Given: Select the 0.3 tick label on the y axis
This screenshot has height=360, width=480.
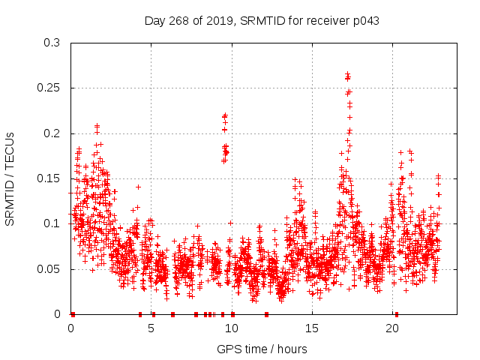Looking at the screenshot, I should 52,43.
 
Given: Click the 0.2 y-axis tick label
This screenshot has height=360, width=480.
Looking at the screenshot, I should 52,133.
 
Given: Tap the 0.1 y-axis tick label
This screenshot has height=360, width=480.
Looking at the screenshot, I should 52,223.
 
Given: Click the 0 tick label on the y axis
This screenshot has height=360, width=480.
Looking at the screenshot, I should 57,314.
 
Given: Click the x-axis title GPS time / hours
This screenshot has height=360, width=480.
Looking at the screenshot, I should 262,349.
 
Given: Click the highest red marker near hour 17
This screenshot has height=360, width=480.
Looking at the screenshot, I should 347,73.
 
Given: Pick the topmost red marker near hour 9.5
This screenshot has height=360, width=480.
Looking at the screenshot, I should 225,115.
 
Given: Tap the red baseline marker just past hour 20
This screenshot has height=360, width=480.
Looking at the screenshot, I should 397,314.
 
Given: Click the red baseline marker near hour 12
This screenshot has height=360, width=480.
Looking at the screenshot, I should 266,314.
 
